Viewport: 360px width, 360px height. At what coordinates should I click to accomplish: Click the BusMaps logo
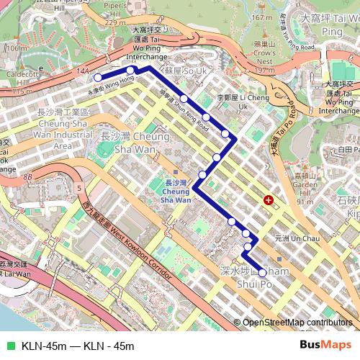[x=325, y=344]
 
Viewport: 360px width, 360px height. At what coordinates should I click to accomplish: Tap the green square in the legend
[x=9, y=345]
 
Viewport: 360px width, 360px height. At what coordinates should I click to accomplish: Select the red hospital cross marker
[x=269, y=199]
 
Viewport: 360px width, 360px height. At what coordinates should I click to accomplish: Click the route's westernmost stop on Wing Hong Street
[x=98, y=78]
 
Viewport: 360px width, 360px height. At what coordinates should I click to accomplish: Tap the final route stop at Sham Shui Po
[x=262, y=273]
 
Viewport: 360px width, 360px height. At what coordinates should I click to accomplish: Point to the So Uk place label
[x=185, y=72]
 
